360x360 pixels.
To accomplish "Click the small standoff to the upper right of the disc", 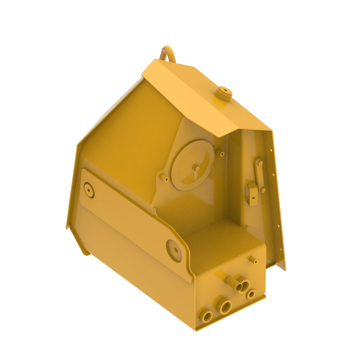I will click(x=222, y=154).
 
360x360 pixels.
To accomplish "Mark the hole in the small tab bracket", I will click(x=253, y=198).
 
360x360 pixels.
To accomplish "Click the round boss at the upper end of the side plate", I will click(x=89, y=190).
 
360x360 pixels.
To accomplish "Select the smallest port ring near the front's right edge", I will click(x=251, y=294).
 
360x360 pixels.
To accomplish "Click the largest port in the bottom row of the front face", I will click(x=226, y=307).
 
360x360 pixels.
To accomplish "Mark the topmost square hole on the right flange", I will click(x=271, y=151).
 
